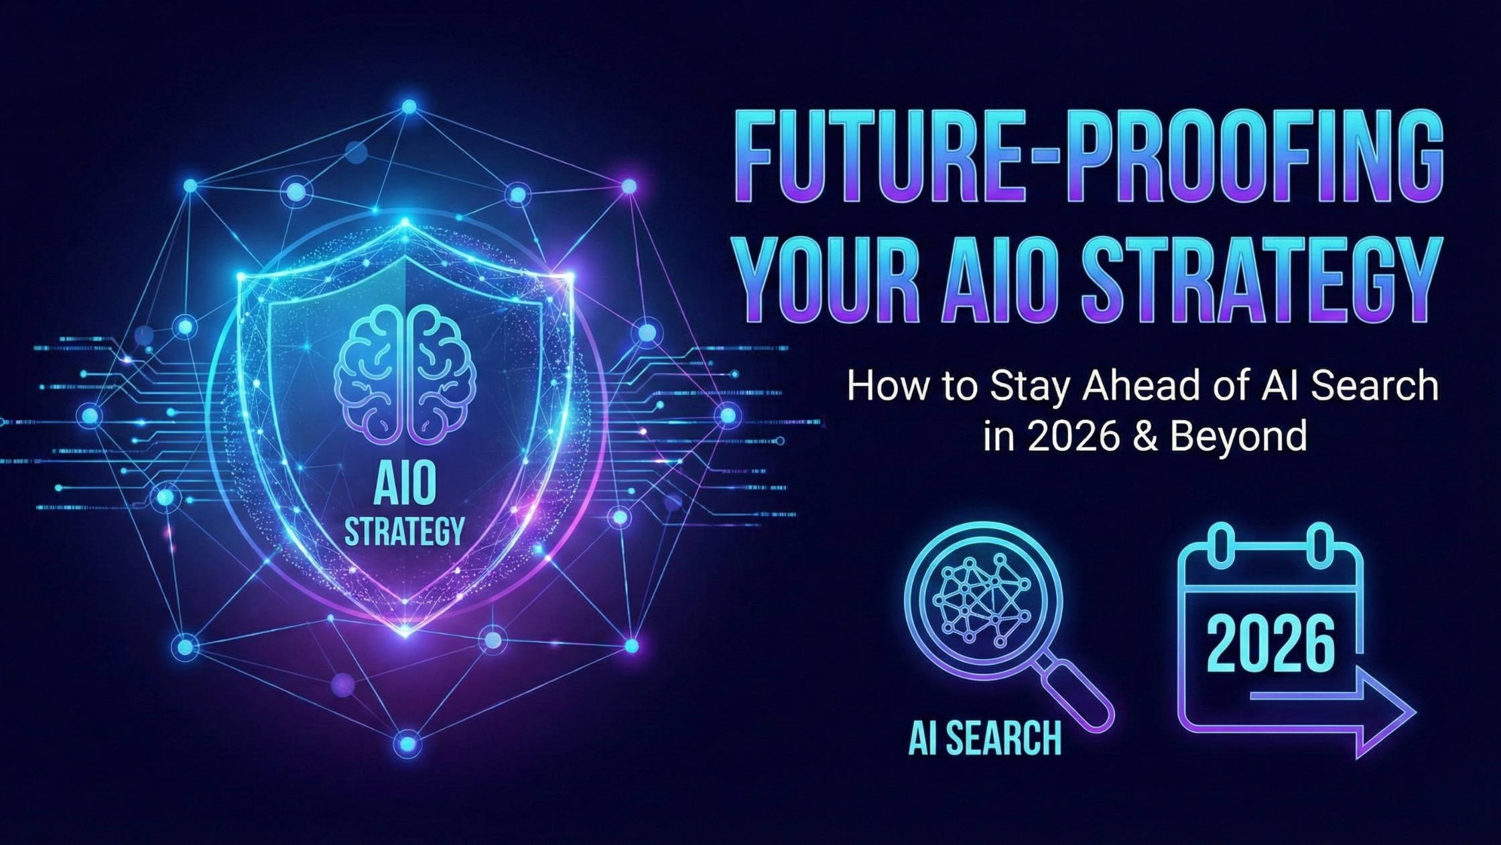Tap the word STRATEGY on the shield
click(x=404, y=532)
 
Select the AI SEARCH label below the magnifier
click(x=985, y=738)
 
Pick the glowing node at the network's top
click(x=409, y=107)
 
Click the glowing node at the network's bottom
click(x=407, y=743)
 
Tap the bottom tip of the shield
click(x=405, y=631)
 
